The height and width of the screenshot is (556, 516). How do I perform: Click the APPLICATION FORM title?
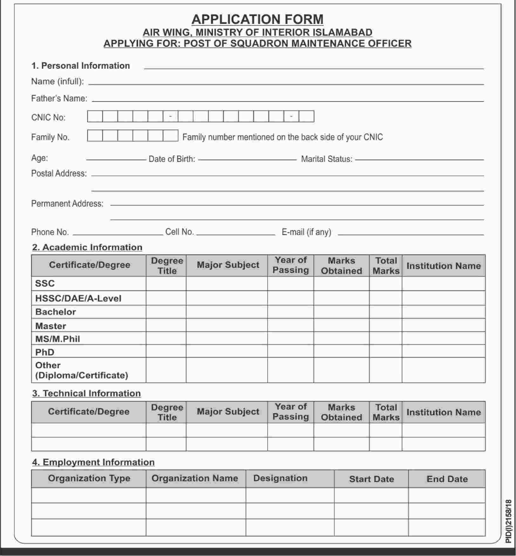tap(258, 19)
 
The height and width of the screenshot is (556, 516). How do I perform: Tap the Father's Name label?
tap(59, 98)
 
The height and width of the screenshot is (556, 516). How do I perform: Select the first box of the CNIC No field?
tap(95, 116)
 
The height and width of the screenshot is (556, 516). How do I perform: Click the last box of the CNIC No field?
tap(306, 116)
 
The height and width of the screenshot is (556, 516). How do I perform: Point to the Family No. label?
tap(50, 137)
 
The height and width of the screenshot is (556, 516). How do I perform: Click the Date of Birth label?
tap(172, 159)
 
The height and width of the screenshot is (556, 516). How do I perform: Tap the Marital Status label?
tap(327, 159)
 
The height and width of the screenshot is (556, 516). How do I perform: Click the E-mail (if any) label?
tap(306, 232)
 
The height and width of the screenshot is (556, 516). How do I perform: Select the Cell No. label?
tap(180, 232)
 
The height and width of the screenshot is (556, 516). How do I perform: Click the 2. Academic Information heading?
tap(87, 247)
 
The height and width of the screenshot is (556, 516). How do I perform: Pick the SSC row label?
tap(45, 283)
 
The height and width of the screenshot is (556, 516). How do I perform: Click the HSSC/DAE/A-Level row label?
tap(78, 298)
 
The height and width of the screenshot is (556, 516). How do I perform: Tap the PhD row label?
tap(45, 352)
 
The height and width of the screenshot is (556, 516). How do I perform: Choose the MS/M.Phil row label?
tap(58, 339)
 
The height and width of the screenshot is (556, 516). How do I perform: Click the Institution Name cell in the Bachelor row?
tap(443, 312)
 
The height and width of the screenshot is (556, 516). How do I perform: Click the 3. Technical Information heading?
tap(86, 393)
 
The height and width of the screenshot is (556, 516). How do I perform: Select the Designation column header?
tap(280, 478)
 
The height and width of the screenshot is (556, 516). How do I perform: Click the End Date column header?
tap(447, 479)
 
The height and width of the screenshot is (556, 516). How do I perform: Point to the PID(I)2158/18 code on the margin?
tap(509, 521)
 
